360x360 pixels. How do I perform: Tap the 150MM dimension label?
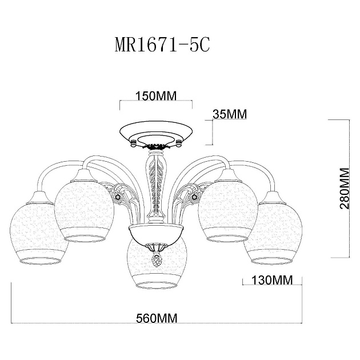[x=155, y=95]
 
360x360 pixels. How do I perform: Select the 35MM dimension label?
[x=229, y=113]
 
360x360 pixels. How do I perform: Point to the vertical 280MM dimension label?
[x=344, y=189]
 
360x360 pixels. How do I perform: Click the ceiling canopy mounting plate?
[x=155, y=133]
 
